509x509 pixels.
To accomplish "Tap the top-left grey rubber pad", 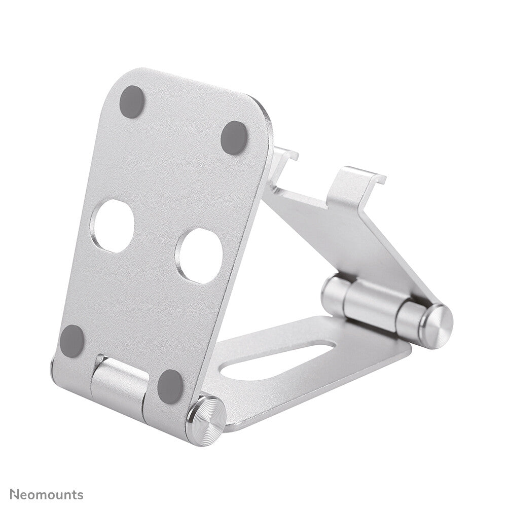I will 132,101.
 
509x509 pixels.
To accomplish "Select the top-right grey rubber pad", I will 234,137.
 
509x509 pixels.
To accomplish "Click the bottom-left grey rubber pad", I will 72,340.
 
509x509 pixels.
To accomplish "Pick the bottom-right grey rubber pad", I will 170,386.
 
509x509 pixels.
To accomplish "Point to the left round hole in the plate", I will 113,226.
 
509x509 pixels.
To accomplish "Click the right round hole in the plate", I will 199,256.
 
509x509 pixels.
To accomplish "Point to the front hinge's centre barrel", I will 119,385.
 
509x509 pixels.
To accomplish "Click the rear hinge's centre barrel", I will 370,303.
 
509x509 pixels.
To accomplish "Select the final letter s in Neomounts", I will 80,494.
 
